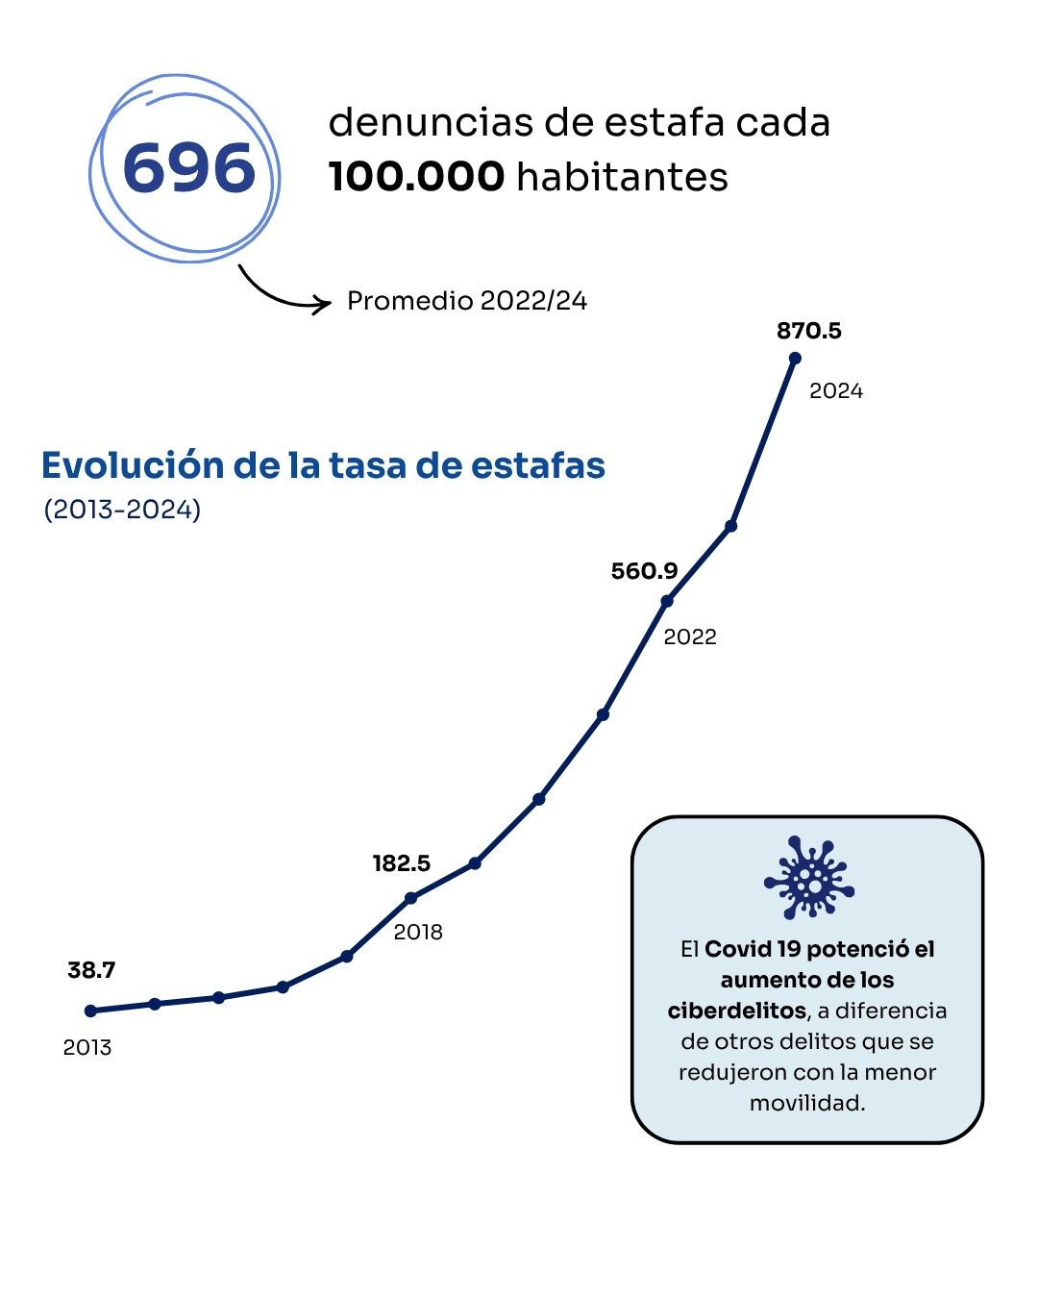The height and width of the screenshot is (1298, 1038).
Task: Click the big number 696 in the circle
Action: click(x=189, y=168)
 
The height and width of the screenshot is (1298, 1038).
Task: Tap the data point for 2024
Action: click(x=795, y=359)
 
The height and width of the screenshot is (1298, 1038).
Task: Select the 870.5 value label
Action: click(x=808, y=331)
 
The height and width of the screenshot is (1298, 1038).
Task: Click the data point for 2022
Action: click(x=667, y=602)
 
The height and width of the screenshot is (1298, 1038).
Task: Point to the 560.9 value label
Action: click(x=644, y=571)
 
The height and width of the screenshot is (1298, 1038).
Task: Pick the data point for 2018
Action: click(x=411, y=898)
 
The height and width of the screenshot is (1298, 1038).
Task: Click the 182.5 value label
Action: click(x=401, y=863)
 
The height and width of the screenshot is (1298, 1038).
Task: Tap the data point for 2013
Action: click(x=91, y=1011)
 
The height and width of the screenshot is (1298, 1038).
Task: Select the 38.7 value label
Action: click(x=91, y=970)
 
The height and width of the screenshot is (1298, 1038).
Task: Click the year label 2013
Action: click(x=87, y=1047)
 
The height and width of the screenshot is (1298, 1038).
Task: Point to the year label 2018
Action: click(x=418, y=932)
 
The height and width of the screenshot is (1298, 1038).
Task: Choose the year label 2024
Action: click(x=836, y=390)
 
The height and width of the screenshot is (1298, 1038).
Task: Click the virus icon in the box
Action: click(x=808, y=877)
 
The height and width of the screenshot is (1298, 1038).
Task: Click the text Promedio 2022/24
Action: click(x=467, y=301)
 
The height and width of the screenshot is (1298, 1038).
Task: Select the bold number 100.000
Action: click(x=416, y=177)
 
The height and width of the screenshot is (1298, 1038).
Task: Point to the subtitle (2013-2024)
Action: click(x=122, y=509)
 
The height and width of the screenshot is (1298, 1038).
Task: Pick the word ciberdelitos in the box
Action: click(x=736, y=1011)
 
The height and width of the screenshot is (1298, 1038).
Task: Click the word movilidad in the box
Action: click(x=807, y=1103)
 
